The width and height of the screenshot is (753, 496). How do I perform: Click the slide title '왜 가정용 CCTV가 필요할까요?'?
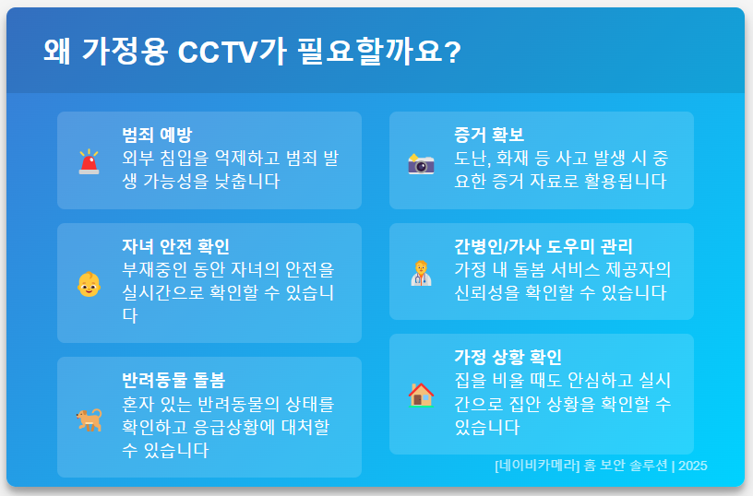[x=251, y=52]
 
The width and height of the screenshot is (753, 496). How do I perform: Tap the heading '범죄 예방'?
[x=157, y=135]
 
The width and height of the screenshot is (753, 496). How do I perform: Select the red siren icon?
[x=89, y=162]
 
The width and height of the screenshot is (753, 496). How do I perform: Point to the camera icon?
[x=421, y=163]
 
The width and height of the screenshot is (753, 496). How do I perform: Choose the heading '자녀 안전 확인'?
[x=175, y=246]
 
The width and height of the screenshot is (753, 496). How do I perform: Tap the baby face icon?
[x=89, y=284]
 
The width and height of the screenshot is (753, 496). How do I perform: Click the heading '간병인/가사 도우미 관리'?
[x=544, y=246]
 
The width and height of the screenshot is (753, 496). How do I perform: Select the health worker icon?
[x=421, y=273]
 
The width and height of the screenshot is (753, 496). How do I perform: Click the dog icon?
[x=89, y=419]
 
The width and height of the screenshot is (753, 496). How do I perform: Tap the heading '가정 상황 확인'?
[x=508, y=357]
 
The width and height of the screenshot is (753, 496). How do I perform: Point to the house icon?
[x=421, y=395]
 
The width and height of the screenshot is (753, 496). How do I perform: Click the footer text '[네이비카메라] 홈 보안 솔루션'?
[x=580, y=466]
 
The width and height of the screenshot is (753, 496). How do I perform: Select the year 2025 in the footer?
[x=692, y=466]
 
